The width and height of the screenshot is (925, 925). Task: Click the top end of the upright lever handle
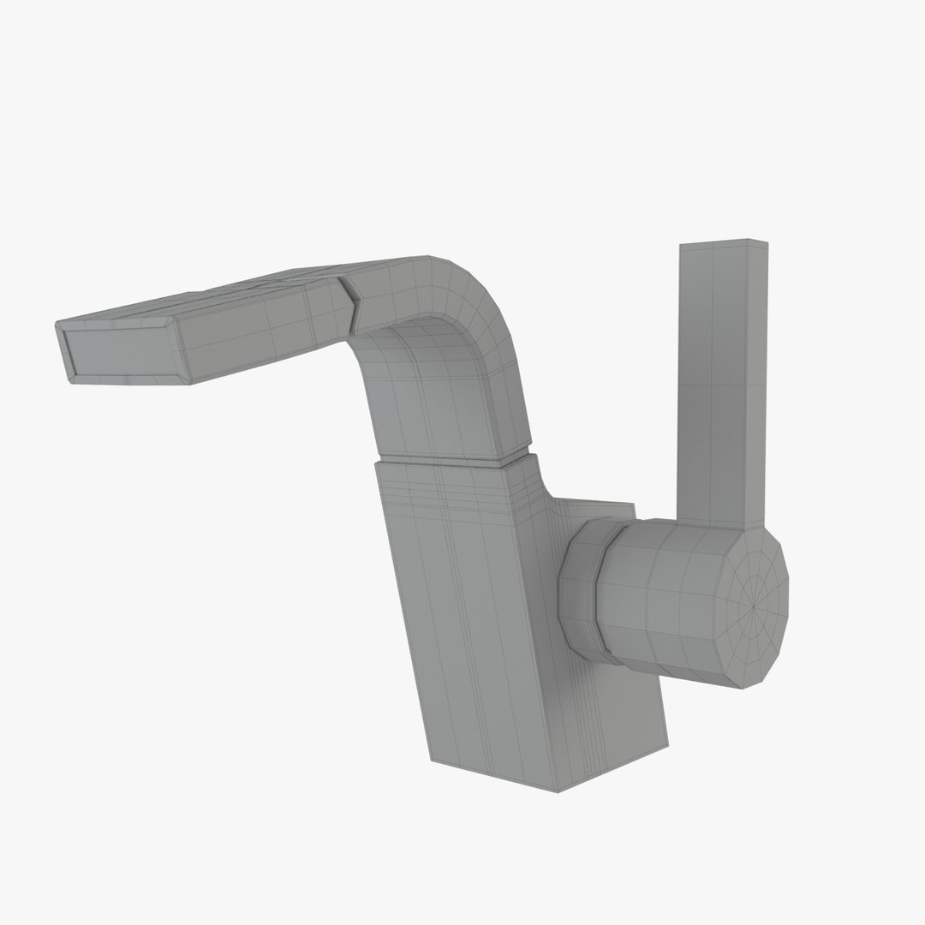pos(724,245)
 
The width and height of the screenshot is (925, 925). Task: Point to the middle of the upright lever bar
pos(719,385)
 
